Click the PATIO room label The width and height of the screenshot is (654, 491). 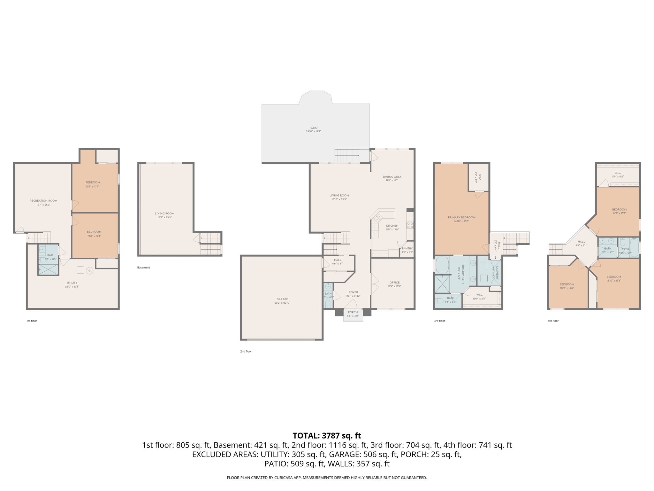tap(313, 128)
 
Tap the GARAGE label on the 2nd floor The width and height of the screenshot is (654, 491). tap(282, 299)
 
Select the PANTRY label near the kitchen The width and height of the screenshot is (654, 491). tap(407, 248)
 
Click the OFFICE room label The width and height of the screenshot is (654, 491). tap(394, 282)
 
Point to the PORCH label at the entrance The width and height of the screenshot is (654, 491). tap(353, 312)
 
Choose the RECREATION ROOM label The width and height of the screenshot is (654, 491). tap(43, 201)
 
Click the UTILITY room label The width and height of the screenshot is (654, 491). tap(72, 283)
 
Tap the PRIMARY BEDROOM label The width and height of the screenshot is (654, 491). tap(461, 217)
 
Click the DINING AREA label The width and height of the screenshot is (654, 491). tap(392, 177)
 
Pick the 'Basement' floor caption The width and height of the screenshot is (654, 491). tap(143, 268)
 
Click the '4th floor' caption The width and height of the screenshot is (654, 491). tap(553, 321)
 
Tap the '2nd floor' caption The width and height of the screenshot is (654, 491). tap(246, 351)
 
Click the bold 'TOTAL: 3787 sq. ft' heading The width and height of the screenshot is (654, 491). tap(327, 436)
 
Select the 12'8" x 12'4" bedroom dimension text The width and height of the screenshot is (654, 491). tap(94, 236)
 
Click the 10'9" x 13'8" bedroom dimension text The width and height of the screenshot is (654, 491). tap(567, 288)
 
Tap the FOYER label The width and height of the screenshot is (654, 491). tap(353, 292)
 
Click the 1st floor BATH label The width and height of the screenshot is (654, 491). tap(50, 255)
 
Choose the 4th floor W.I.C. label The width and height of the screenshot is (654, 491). tap(617, 173)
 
